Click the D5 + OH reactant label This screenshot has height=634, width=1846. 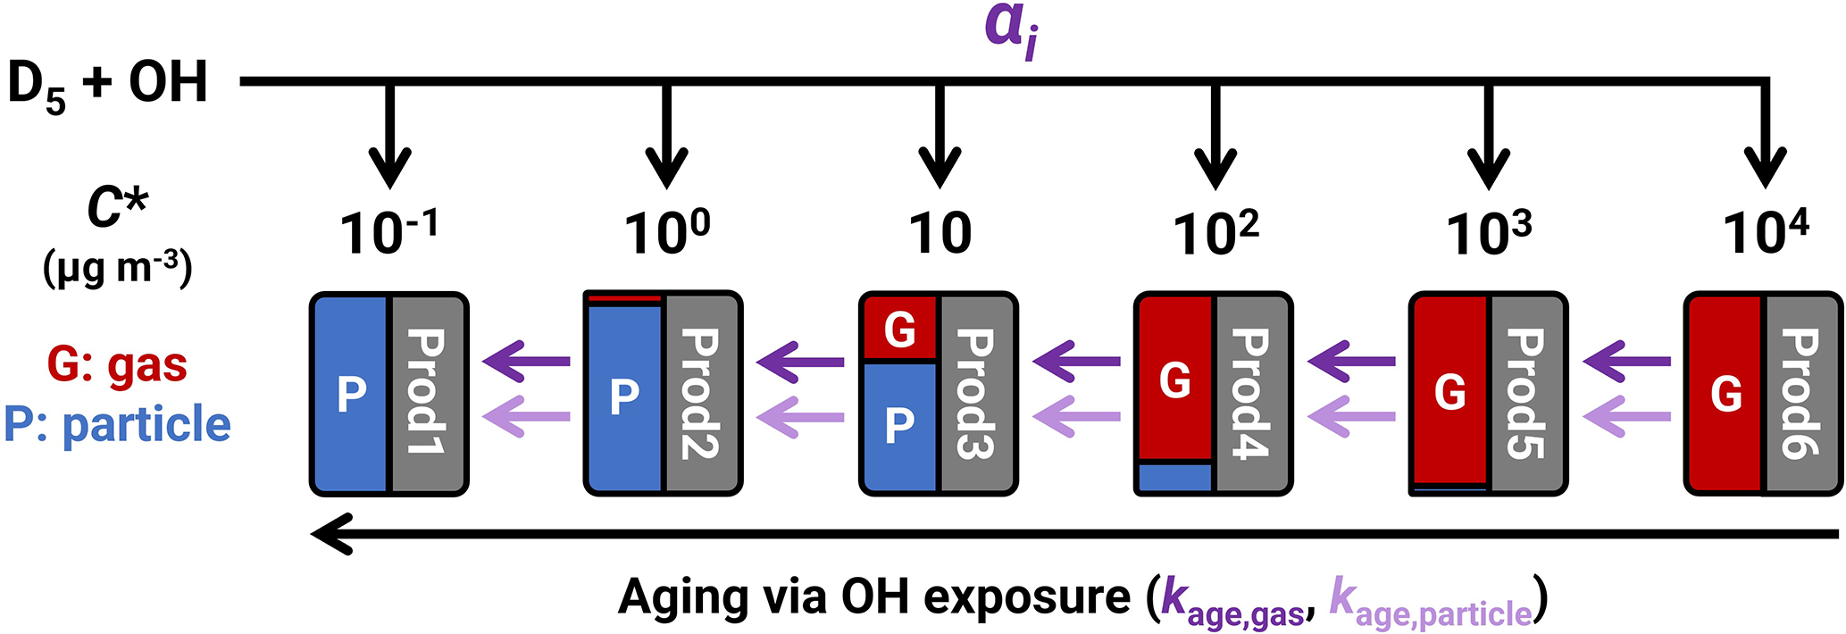pos(107,85)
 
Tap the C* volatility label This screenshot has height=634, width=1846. pos(116,207)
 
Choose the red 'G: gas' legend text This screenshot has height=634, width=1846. pos(117,364)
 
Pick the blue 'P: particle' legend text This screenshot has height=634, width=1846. pos(117,424)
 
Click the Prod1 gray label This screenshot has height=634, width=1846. pos(427,393)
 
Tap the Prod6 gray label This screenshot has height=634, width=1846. pos(1800,393)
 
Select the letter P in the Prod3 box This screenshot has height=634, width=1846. pos(898,425)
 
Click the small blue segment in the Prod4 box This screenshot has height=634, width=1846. pos(1175,478)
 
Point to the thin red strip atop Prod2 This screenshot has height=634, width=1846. pos(624,298)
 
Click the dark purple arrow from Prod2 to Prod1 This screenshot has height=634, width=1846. pos(526,362)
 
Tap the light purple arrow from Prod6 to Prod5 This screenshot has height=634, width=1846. pos(1626,416)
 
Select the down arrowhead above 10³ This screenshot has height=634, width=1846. pos(1488,169)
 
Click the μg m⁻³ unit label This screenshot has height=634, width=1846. pos(117,268)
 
